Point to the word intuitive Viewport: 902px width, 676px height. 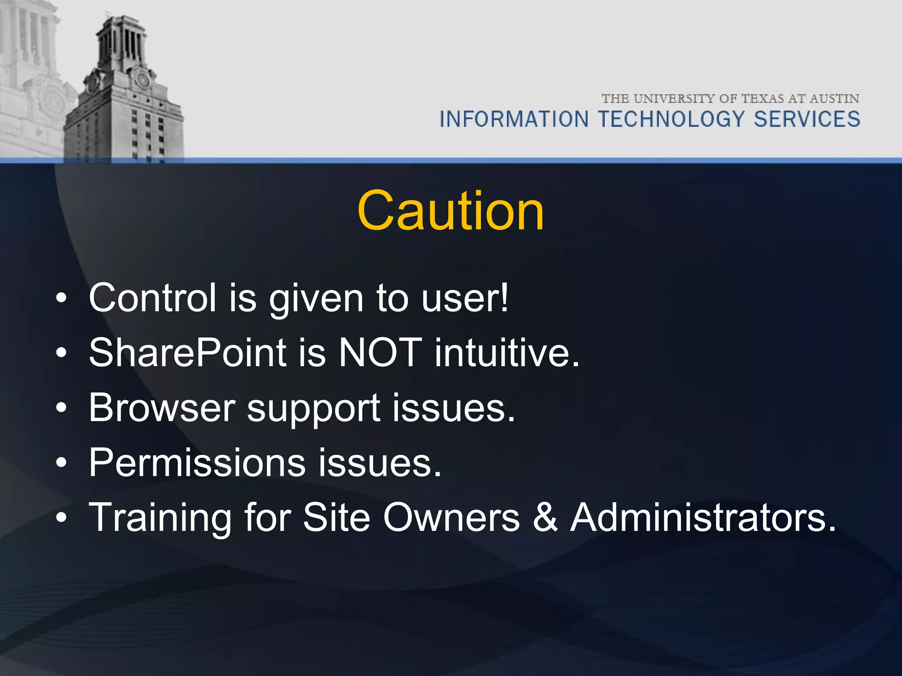tap(506, 353)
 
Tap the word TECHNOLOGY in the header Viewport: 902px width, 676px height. tap(671, 119)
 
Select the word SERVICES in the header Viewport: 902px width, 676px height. tap(807, 119)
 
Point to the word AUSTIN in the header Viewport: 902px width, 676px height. tap(834, 99)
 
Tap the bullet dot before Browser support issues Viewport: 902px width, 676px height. tap(61, 408)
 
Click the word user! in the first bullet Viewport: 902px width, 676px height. tap(465, 298)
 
